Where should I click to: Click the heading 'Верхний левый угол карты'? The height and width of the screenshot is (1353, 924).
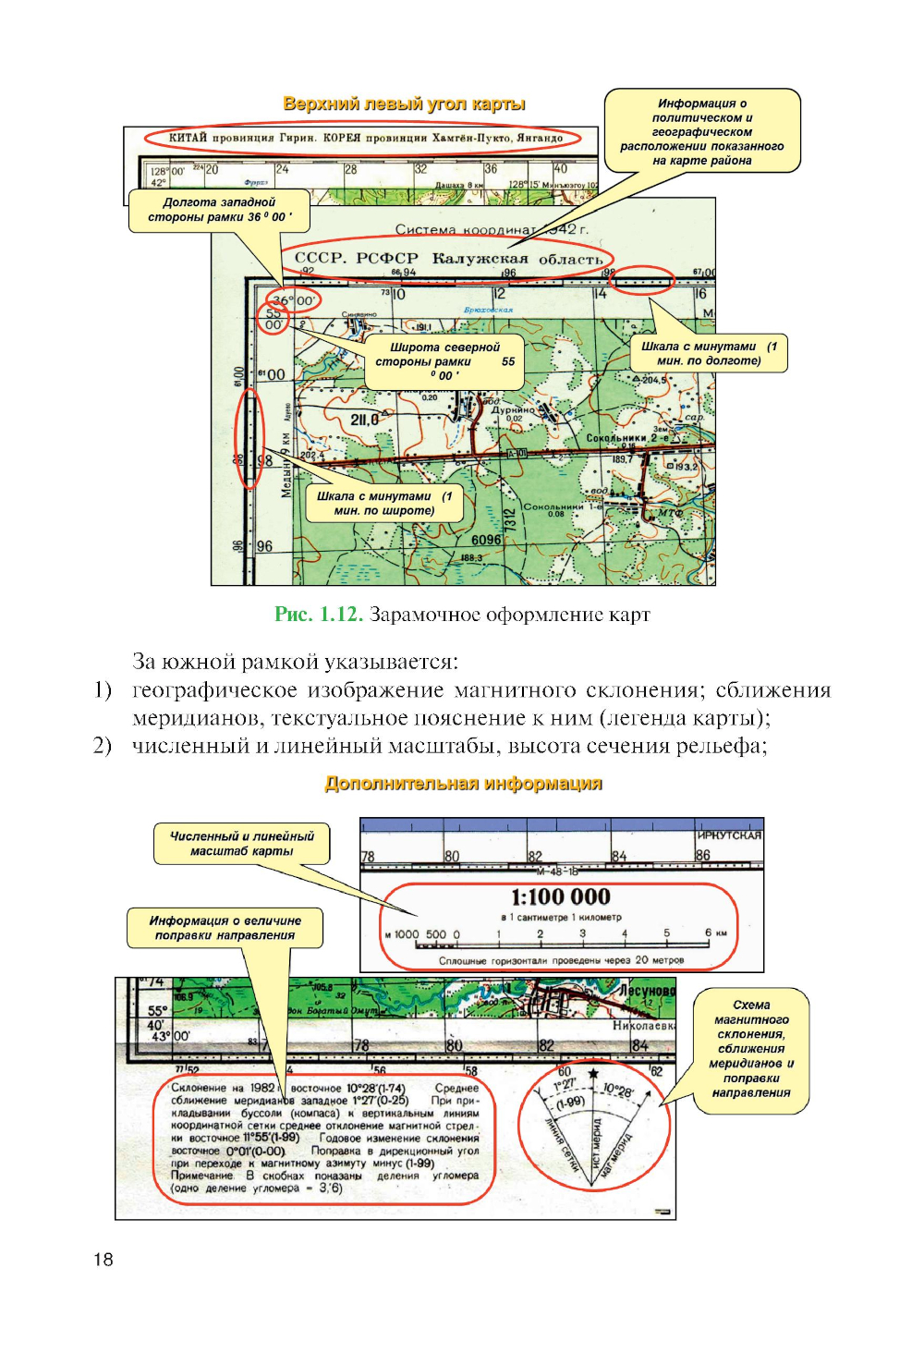pos(404,104)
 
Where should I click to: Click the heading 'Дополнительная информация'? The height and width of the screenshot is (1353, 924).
pos(463,784)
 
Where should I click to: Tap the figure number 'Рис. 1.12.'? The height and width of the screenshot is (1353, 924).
pos(318,615)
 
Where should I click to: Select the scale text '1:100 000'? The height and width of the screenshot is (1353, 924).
pos(561,896)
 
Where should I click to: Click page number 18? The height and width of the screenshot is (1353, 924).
pos(103,1259)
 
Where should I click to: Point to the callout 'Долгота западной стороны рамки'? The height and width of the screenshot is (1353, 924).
pos(219,210)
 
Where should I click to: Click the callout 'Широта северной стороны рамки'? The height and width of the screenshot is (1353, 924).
pos(444,360)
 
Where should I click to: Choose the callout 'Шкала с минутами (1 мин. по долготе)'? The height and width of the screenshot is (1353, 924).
pos(709,353)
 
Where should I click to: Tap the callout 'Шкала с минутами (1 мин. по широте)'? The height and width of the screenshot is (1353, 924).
pos(384,503)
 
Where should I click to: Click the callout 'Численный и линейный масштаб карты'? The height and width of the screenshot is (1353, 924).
pos(242,843)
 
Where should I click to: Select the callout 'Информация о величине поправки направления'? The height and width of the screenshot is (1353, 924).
pos(225,928)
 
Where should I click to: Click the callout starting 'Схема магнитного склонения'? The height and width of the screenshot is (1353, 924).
pos(751,1048)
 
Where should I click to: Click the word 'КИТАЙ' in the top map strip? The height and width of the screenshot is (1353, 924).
pos(188,138)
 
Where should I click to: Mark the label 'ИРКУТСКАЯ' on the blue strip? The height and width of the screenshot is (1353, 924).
pos(729,835)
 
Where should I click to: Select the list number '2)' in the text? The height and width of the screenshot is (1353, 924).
pos(102,746)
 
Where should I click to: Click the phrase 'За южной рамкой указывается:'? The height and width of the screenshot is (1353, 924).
pos(295,662)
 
